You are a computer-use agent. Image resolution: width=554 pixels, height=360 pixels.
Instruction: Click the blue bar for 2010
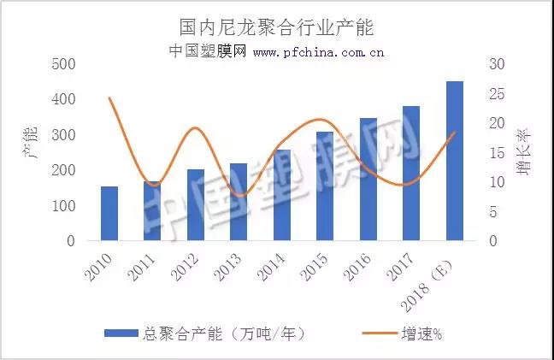[x=109, y=214]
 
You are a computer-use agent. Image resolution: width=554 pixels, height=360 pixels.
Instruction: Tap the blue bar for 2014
[x=282, y=196]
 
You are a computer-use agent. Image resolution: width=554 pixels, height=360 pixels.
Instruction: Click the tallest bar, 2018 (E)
[x=455, y=162]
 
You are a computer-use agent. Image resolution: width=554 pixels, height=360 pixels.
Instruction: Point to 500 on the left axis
[x=63, y=64]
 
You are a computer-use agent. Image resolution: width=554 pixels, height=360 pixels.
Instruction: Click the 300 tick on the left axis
[x=63, y=135]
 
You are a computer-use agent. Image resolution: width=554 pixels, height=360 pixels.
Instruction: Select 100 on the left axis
[x=63, y=206]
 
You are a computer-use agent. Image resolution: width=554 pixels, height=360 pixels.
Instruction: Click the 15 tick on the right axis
[x=497, y=153]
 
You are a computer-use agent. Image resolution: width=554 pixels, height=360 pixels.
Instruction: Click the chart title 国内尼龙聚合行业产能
[x=276, y=27]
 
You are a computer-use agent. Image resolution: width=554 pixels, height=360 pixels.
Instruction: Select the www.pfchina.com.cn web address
[x=318, y=52]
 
